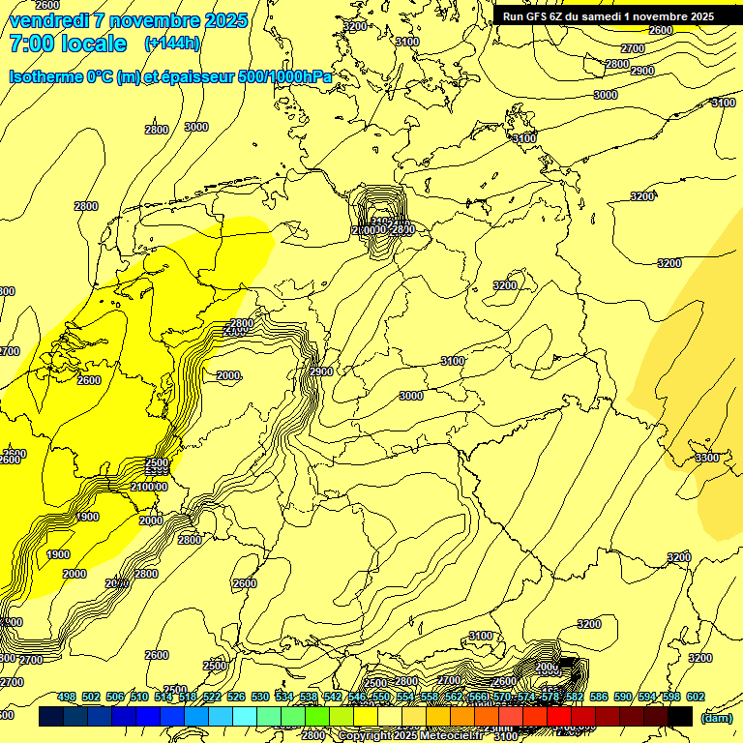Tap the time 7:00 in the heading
tap(37, 44)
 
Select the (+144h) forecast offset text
tap(172, 44)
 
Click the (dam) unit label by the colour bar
tap(716, 718)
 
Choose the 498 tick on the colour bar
tap(66, 697)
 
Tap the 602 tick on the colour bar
tap(695, 697)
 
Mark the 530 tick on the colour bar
tap(259, 697)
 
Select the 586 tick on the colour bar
tap(598, 697)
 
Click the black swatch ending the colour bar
tap(680, 717)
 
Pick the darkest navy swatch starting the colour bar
tap(51, 717)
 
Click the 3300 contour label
tap(707, 458)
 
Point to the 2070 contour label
tap(117, 583)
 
